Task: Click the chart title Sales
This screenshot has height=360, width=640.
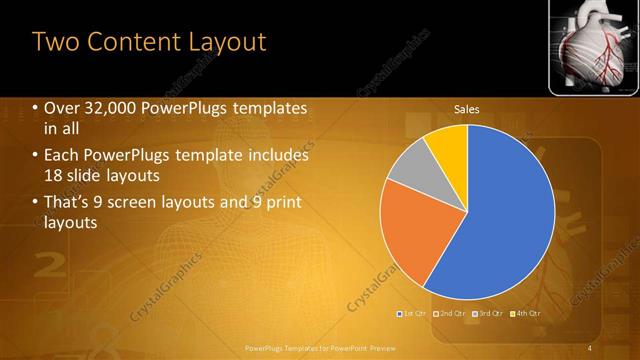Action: (467, 108)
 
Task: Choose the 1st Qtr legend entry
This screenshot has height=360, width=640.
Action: (413, 314)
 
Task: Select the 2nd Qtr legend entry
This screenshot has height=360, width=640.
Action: (451, 314)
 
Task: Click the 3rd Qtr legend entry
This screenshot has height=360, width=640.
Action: (489, 314)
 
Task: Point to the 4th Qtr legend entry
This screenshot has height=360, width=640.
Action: (527, 314)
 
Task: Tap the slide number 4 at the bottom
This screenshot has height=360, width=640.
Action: (590, 347)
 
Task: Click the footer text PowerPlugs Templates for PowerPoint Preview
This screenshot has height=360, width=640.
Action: (320, 347)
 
